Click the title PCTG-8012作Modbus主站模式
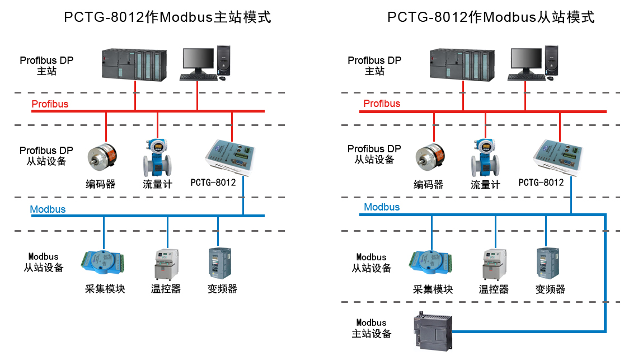point(167,17)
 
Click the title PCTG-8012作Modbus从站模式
point(491,17)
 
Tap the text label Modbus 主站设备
point(371,328)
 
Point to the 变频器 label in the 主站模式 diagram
point(222,289)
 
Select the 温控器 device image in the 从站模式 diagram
point(494,264)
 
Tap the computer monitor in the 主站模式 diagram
point(199,61)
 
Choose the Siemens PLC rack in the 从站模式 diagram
point(462,63)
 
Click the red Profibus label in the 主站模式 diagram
point(50,104)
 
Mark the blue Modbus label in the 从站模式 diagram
point(382,207)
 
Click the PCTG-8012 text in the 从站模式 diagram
point(541,183)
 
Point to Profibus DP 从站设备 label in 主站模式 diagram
point(46,156)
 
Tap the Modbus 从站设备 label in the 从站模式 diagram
point(372,263)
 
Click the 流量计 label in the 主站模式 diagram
point(157,184)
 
